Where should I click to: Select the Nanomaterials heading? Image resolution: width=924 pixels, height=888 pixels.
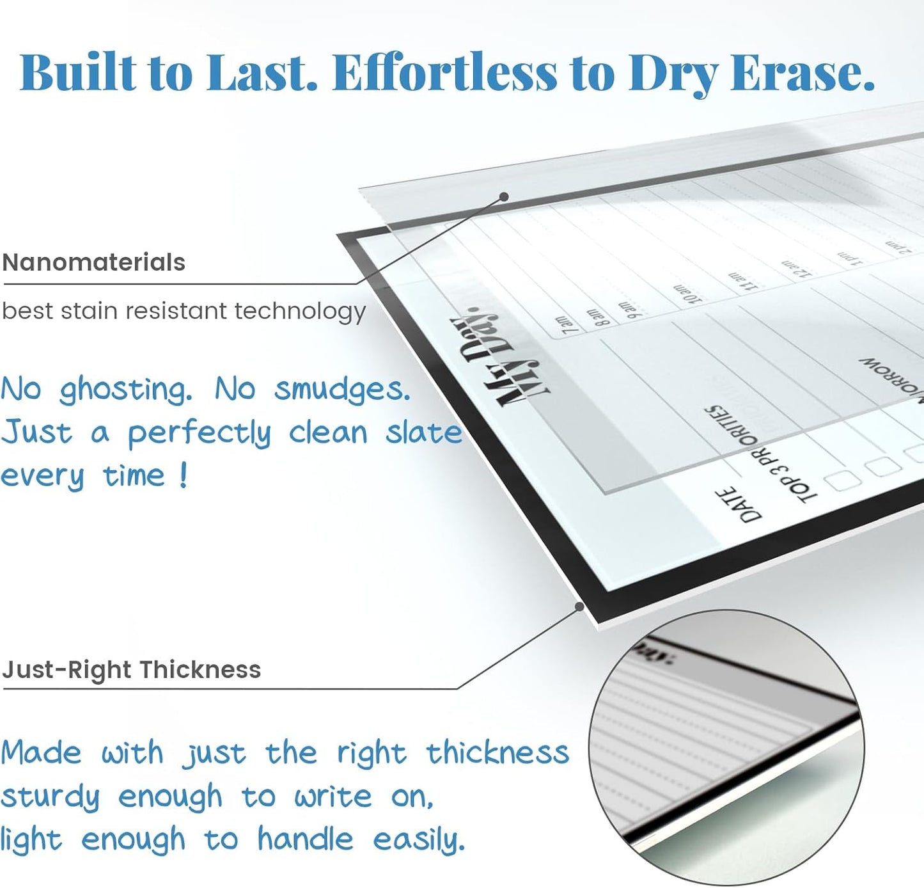coord(93,262)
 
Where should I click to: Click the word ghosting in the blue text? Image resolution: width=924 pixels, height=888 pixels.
coord(125,390)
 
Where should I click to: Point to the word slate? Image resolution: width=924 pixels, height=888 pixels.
coord(423,432)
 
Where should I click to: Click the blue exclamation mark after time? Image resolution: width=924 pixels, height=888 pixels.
coord(184,475)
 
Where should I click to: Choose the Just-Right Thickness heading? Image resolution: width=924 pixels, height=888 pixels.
coord(132,670)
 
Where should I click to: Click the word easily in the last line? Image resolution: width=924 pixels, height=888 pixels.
coord(419,840)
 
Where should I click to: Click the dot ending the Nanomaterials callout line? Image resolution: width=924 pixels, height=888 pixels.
coord(504,196)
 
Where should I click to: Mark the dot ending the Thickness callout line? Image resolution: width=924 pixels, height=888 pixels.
coord(579,606)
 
